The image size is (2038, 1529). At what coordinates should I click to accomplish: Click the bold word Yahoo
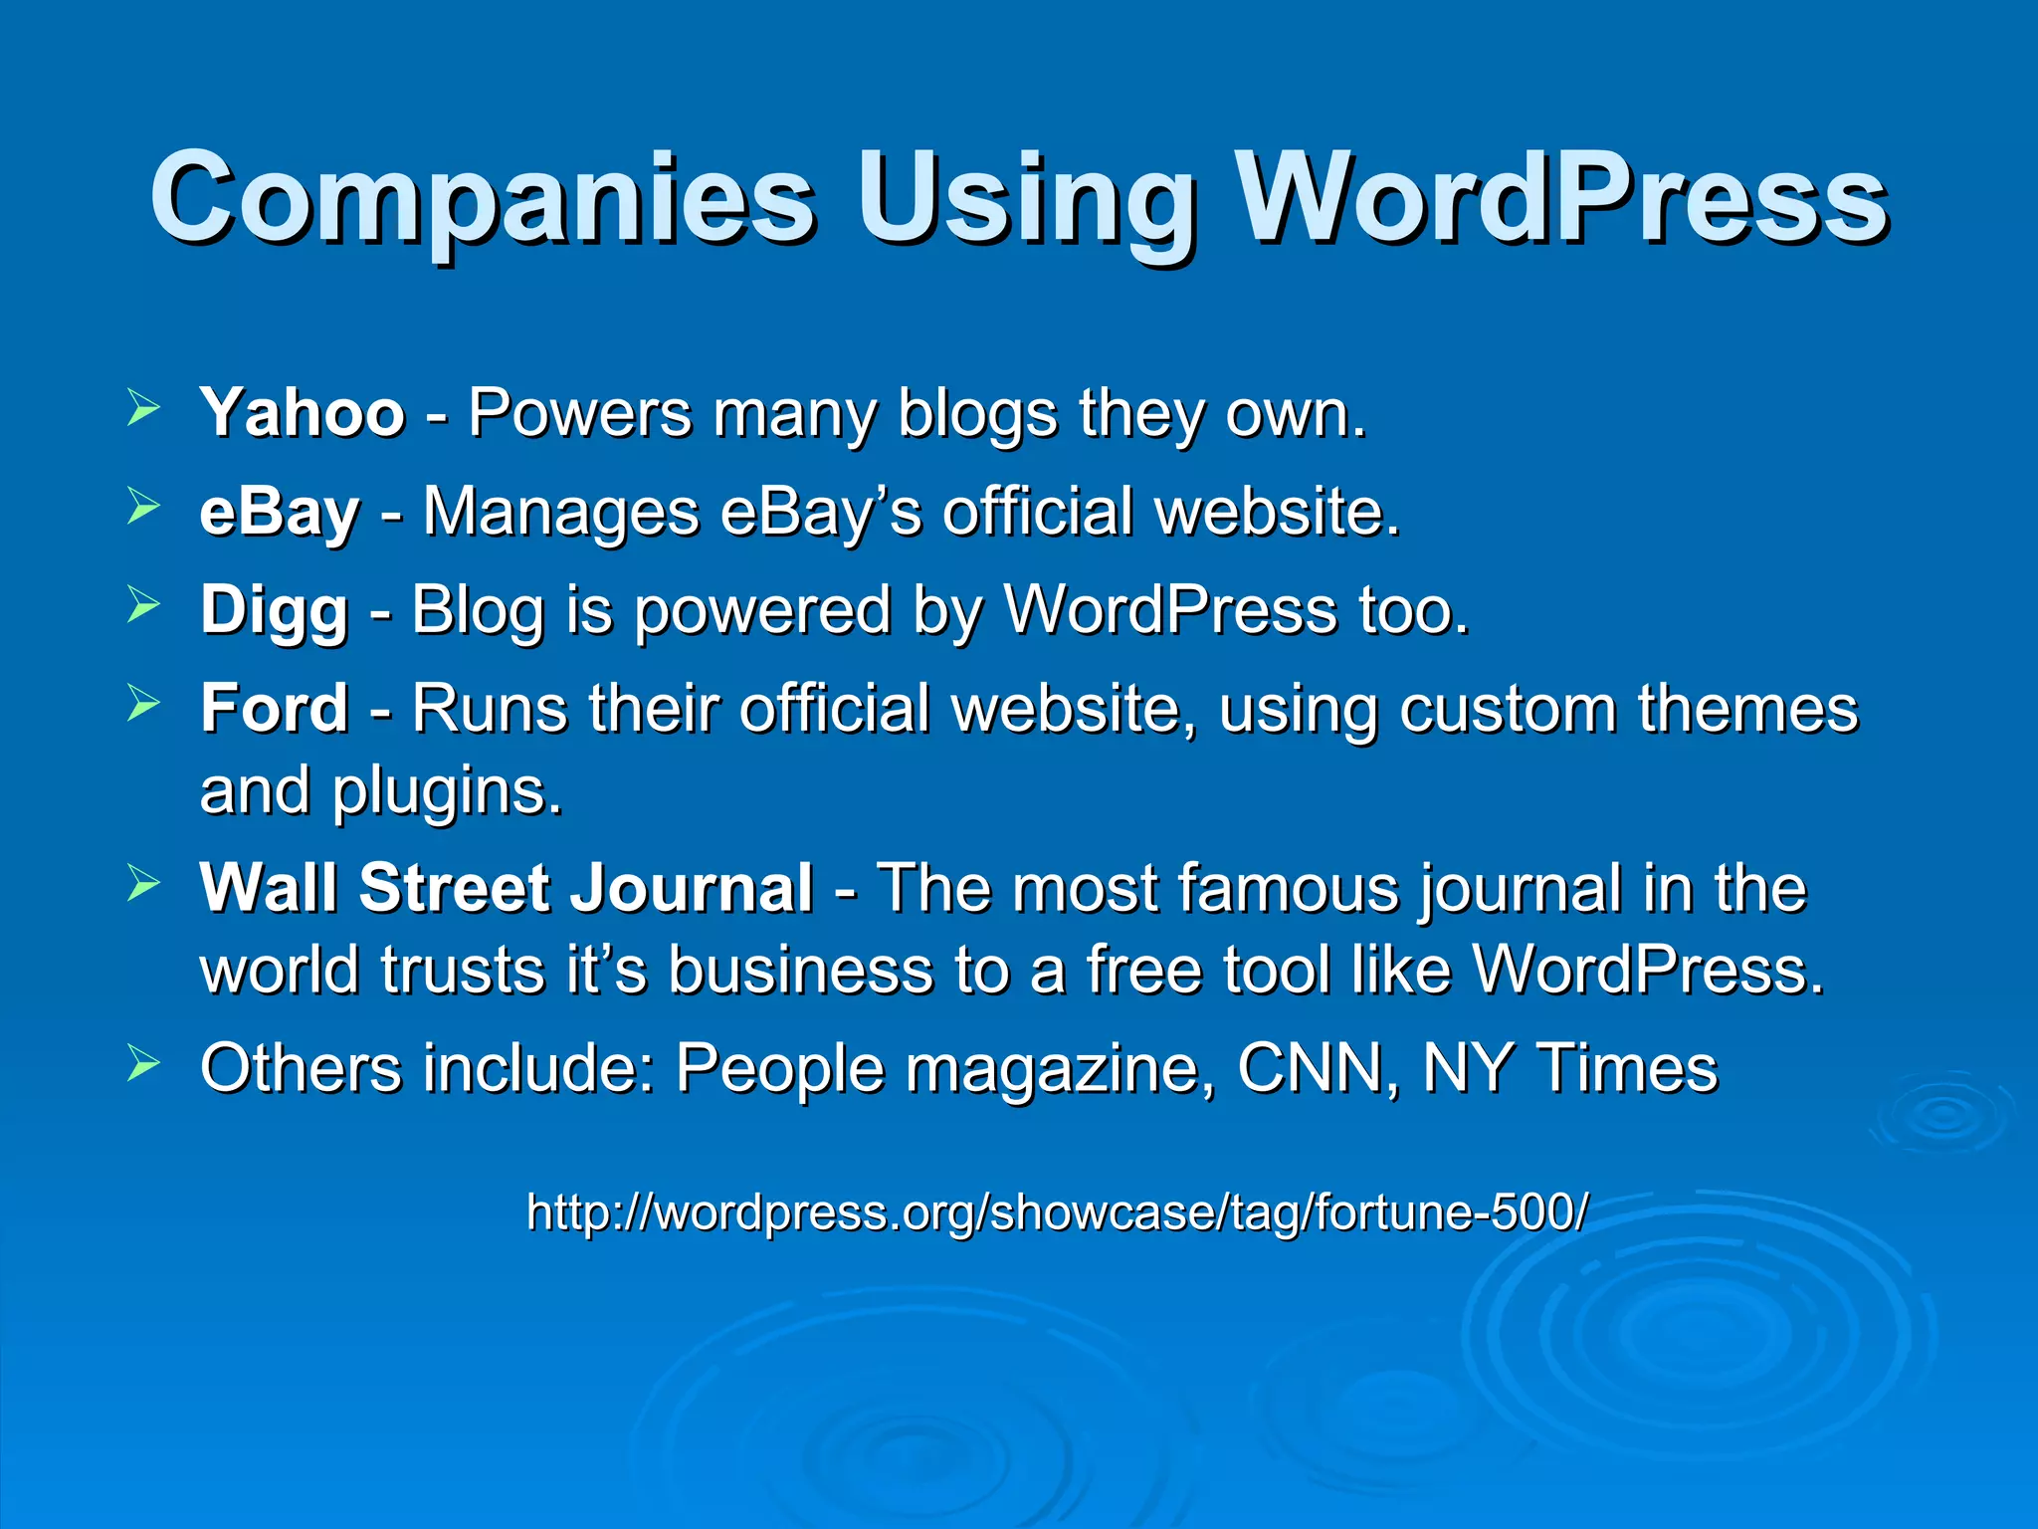coord(303,412)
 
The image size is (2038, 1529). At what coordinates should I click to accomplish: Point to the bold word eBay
coord(279,513)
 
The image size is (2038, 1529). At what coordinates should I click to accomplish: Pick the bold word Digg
coord(274,610)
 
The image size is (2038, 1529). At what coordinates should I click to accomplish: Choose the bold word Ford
coord(274,708)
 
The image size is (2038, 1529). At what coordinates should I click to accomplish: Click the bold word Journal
coord(691,887)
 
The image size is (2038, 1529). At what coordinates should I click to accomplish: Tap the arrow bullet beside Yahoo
coord(143,408)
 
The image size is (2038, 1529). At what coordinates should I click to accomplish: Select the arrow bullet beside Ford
coord(143,704)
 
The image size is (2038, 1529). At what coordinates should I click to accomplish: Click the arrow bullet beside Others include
coord(143,1063)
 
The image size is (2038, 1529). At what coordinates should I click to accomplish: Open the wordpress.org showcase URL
coord(1057,1212)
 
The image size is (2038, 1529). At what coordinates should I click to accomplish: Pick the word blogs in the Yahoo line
coord(977,414)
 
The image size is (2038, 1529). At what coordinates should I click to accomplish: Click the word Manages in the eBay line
coord(561,513)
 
